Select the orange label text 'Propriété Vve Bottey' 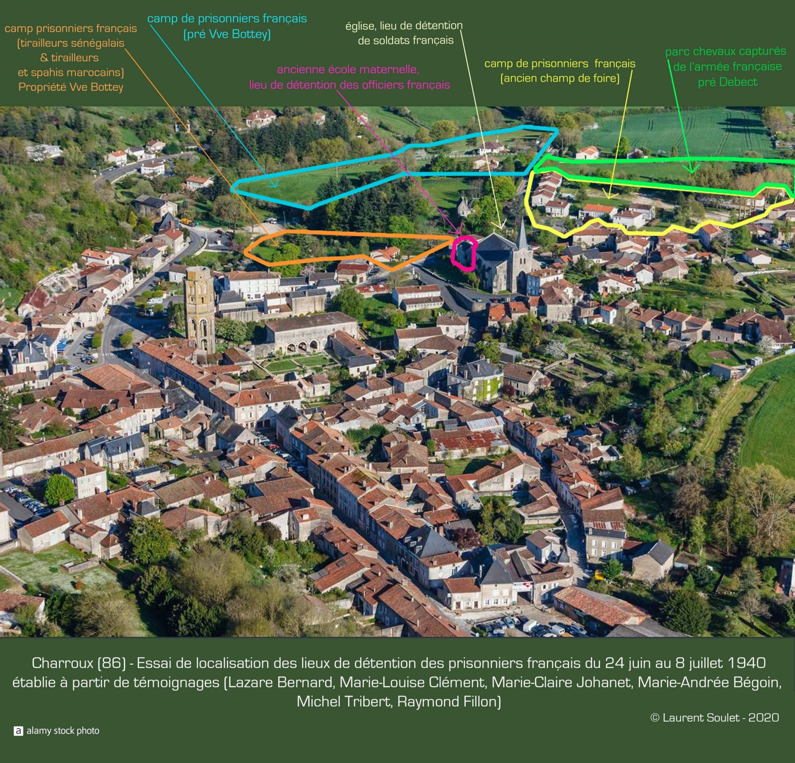(71, 87)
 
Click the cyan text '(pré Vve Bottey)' (227, 35)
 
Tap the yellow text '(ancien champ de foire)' (560, 78)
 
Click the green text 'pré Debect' (727, 82)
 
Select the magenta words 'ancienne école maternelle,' (347, 69)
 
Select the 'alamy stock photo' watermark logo (57, 730)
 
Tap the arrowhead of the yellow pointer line (607, 197)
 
